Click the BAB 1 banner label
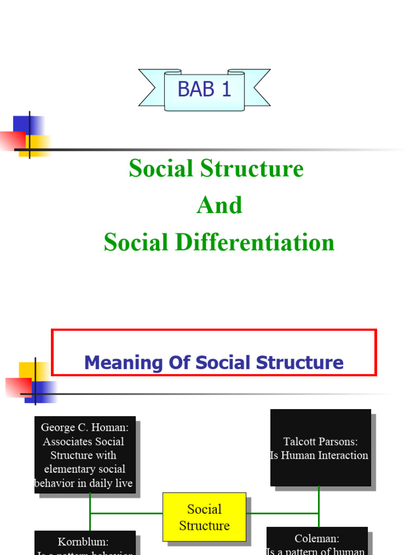[x=204, y=89]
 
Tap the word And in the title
[x=219, y=205]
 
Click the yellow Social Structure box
[x=204, y=517]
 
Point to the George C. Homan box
[x=84, y=455]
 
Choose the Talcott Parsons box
[x=320, y=448]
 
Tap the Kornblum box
[x=84, y=543]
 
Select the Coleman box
[x=317, y=541]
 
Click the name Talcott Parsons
[x=320, y=442]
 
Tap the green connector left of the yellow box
[x=126, y=513]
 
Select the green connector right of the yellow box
[x=282, y=513]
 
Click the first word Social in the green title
[x=162, y=169]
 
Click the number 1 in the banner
[x=226, y=89]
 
